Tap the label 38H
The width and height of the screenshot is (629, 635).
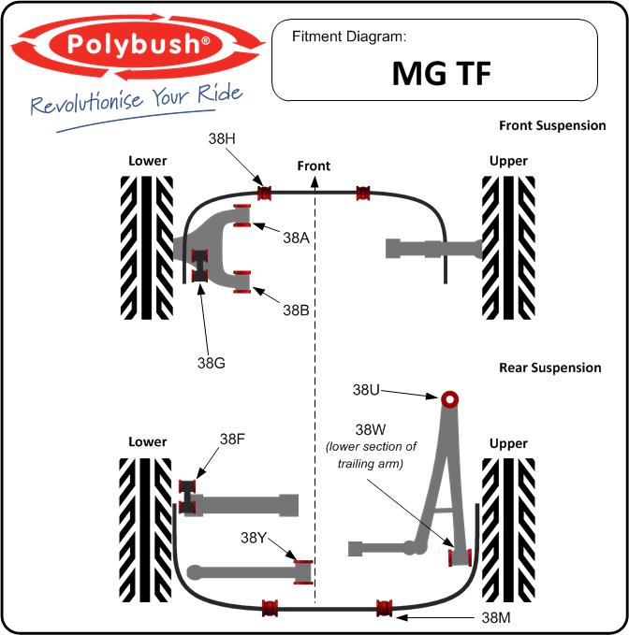pyautogui.click(x=222, y=137)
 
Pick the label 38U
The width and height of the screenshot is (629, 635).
pyautogui.click(x=366, y=388)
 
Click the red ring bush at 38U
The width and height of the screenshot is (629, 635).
pyautogui.click(x=450, y=398)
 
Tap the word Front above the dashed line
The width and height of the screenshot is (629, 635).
pyautogui.click(x=314, y=166)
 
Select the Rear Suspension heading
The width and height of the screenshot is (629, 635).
pyautogui.click(x=549, y=368)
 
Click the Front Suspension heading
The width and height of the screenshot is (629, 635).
pyautogui.click(x=551, y=125)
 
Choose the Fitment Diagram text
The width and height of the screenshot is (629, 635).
pyautogui.click(x=349, y=37)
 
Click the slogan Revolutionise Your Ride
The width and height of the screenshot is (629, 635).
pyautogui.click(x=137, y=99)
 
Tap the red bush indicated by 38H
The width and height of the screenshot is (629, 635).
pyautogui.click(x=264, y=194)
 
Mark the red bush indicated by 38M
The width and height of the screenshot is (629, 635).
pyautogui.click(x=382, y=608)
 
